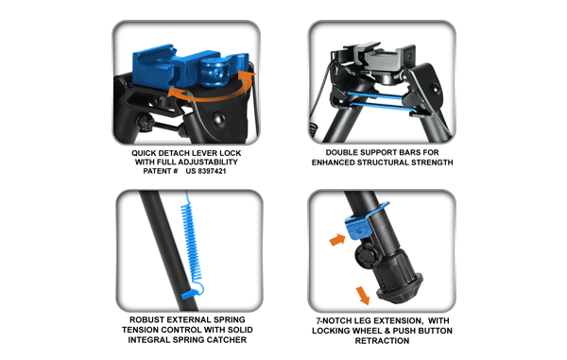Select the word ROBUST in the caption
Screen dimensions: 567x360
coord(144,320)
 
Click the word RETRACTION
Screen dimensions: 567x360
coord(382,341)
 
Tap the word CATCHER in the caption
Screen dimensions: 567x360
coord(229,340)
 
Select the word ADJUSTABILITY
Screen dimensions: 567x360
coord(208,162)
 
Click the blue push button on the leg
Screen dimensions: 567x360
coord(357,228)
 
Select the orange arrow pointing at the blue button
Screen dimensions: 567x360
coord(337,240)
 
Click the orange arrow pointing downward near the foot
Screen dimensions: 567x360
coord(363,296)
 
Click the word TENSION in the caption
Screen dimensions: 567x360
coord(139,330)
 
